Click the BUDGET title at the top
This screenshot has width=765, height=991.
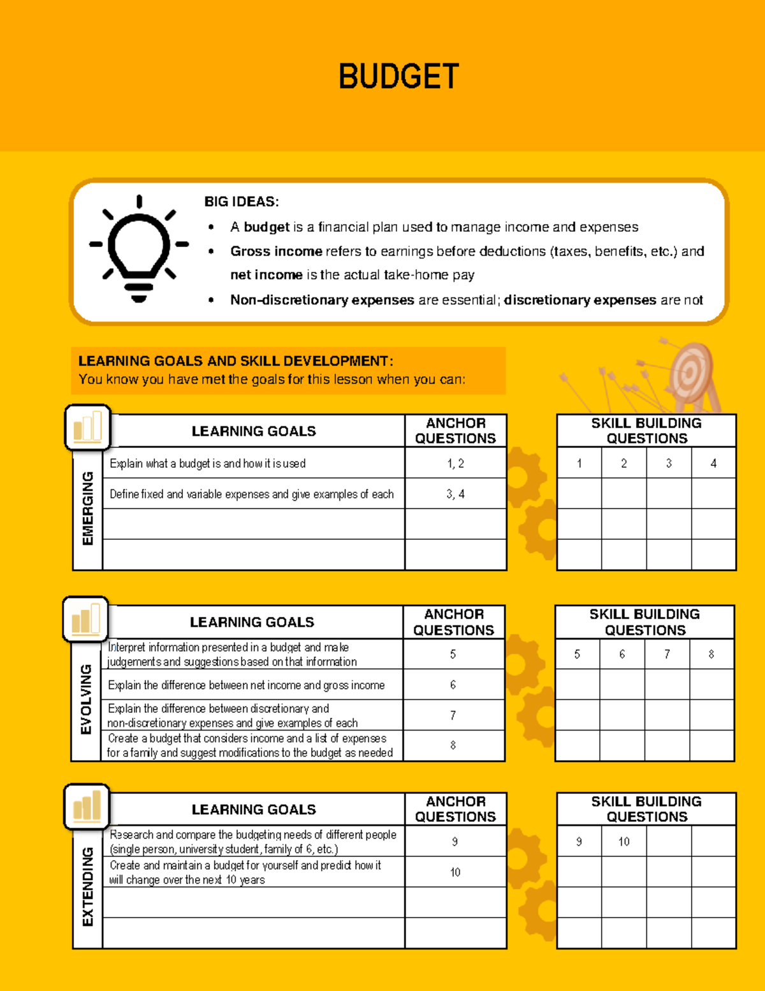tap(398, 77)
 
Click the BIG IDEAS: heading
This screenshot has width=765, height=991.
tap(241, 202)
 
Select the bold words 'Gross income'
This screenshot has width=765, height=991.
tap(276, 251)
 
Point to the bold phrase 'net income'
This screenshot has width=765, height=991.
tap(266, 275)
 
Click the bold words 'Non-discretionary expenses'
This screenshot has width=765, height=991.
tap(322, 300)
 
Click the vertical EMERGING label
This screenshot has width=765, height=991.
tap(88, 509)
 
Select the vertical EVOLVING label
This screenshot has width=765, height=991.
tap(86, 699)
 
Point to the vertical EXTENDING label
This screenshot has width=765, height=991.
tap(88, 887)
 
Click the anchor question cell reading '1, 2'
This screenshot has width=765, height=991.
tap(455, 463)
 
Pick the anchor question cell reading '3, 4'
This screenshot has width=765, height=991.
tap(455, 494)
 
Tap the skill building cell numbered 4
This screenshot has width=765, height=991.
tap(713, 463)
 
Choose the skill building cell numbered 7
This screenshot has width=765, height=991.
tap(667, 654)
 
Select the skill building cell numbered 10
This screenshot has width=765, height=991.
tap(623, 842)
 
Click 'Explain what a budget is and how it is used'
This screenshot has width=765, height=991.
tap(208, 463)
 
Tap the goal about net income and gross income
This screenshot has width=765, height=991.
tap(246, 685)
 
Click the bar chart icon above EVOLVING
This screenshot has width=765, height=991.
tap(86, 620)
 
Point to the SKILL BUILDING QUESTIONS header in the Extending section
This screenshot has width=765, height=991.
tap(646, 809)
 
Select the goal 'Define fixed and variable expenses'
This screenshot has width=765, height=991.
tap(251, 494)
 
